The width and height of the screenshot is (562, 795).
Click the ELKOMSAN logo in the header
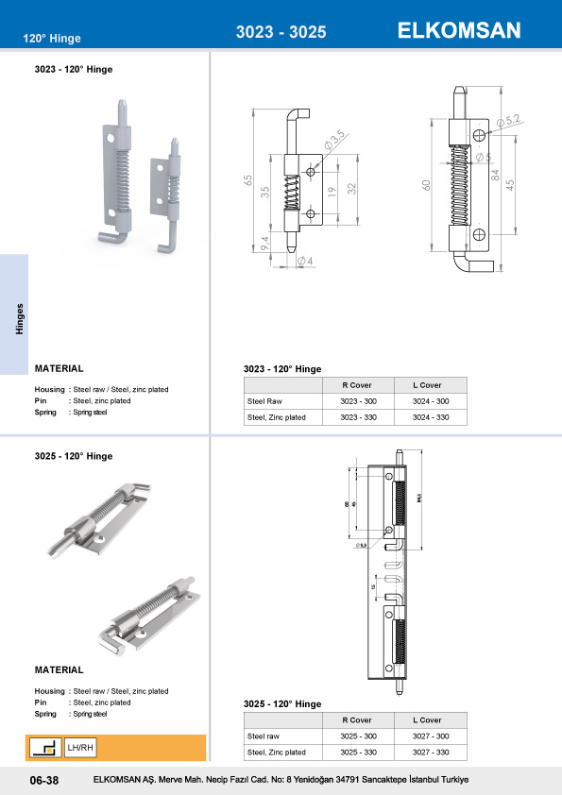click(459, 30)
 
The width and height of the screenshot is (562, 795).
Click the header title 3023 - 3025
click(281, 32)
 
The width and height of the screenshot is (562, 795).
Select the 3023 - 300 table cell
click(361, 401)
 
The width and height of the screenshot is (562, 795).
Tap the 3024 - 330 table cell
click(430, 417)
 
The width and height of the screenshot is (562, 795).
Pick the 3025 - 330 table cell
click(361, 753)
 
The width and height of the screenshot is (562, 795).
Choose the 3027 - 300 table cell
click(430, 736)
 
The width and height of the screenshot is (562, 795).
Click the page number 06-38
click(44, 781)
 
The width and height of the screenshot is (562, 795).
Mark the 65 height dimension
click(248, 178)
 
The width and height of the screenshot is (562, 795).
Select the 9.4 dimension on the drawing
click(265, 243)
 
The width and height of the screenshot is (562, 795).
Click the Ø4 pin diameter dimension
click(304, 260)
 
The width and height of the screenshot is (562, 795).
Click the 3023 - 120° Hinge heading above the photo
click(74, 70)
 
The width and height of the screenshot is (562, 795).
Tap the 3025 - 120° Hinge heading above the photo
click(74, 456)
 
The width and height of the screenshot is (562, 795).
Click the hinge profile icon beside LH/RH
click(44, 749)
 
